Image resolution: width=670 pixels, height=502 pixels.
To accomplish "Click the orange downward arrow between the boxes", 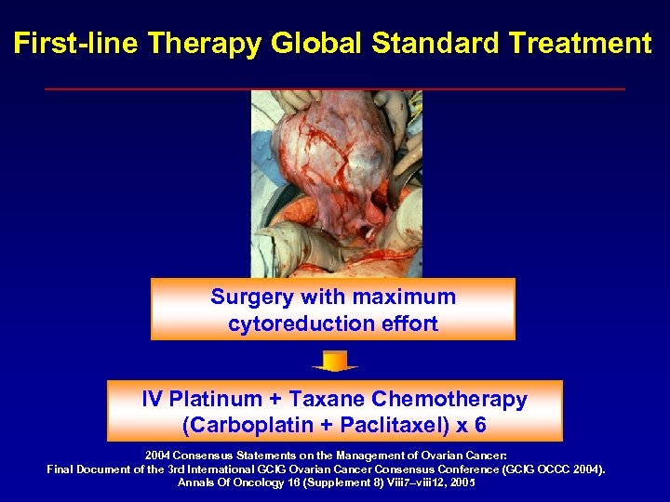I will pos(334,361).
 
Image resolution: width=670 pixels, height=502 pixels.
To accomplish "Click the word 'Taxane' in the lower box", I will pos(330,400).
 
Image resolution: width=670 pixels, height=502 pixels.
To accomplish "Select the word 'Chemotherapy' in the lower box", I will pos(449,400).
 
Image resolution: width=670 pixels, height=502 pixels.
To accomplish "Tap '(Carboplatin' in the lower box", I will pos(240,427).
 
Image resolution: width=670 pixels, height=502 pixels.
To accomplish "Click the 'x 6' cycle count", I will pos(469,427).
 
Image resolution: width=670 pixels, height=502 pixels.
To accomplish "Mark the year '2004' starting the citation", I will pos(160,456).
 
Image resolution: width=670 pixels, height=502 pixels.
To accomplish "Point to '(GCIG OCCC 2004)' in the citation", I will pos(550,469).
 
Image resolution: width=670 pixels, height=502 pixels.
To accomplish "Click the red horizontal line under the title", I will pos(334,88).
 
